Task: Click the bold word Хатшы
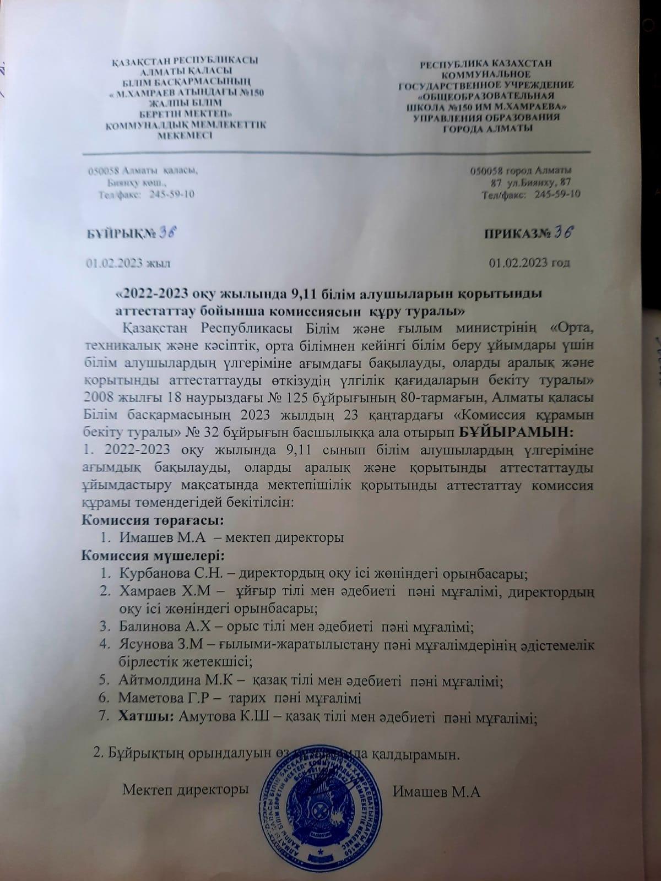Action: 143,717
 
